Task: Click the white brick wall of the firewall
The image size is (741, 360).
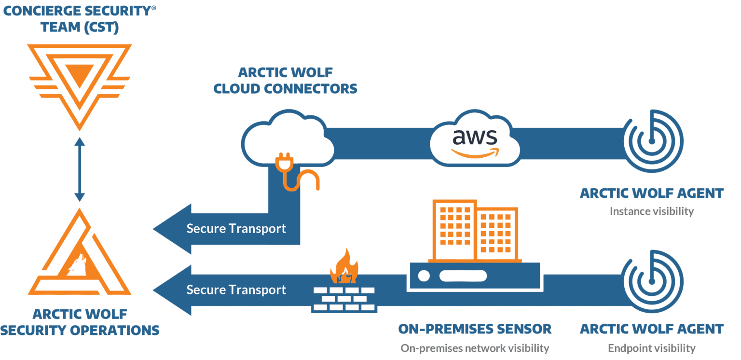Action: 343,299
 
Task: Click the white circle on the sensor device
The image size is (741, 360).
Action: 424,276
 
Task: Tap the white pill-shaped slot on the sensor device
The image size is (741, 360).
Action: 463,276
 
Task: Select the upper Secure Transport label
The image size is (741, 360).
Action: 236,228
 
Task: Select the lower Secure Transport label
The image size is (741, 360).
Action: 236,290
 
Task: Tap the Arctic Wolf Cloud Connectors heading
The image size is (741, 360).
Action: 285,81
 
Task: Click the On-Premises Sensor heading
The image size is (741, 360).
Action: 475,329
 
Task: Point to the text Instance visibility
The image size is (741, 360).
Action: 651,211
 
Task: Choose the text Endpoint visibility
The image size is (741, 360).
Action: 651,348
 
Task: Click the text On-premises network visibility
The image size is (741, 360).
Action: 475,348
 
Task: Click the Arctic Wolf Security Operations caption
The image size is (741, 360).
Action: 80,322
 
